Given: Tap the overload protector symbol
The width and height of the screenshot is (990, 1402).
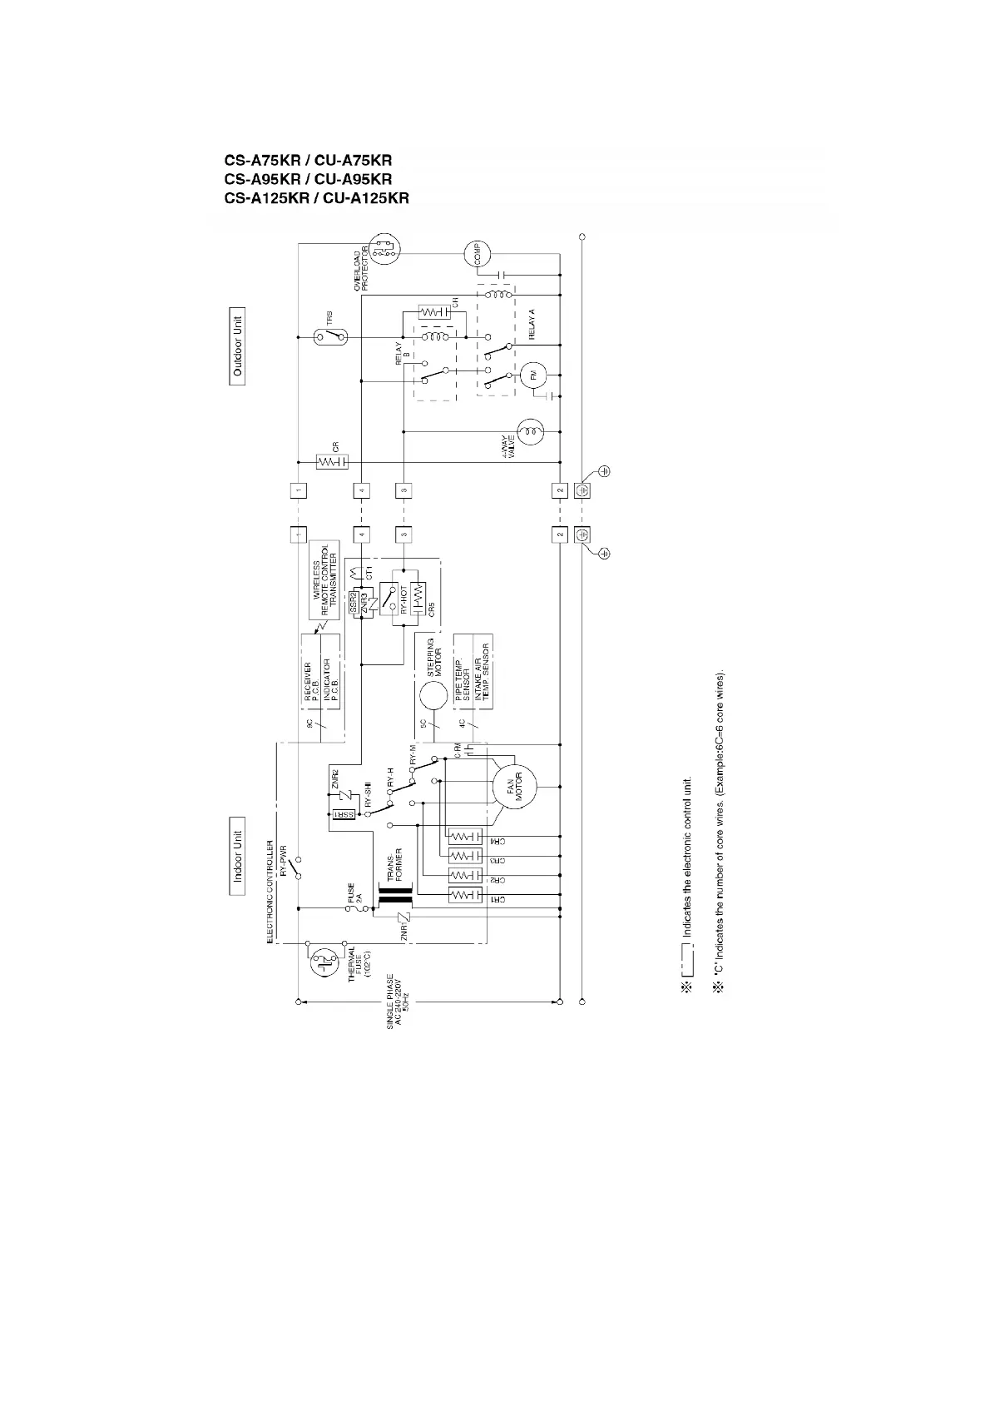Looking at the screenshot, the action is click(384, 249).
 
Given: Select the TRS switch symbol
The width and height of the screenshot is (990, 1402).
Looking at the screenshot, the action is click(331, 336).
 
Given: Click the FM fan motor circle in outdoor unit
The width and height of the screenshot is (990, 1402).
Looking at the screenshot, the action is click(533, 376).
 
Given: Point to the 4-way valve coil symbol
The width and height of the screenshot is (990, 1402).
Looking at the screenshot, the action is click(530, 431).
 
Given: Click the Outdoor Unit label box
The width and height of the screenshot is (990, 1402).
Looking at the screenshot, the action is click(238, 345).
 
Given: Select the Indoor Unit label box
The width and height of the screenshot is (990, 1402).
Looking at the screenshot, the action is click(238, 856).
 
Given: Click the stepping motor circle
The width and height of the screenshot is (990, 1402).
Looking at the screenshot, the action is click(433, 694).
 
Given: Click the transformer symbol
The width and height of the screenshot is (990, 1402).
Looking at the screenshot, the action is click(395, 901).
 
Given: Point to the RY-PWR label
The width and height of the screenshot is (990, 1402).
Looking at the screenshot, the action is click(282, 861).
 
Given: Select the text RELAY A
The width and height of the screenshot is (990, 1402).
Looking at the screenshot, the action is click(532, 322).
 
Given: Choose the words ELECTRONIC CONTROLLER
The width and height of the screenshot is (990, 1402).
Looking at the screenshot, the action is click(270, 891).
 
